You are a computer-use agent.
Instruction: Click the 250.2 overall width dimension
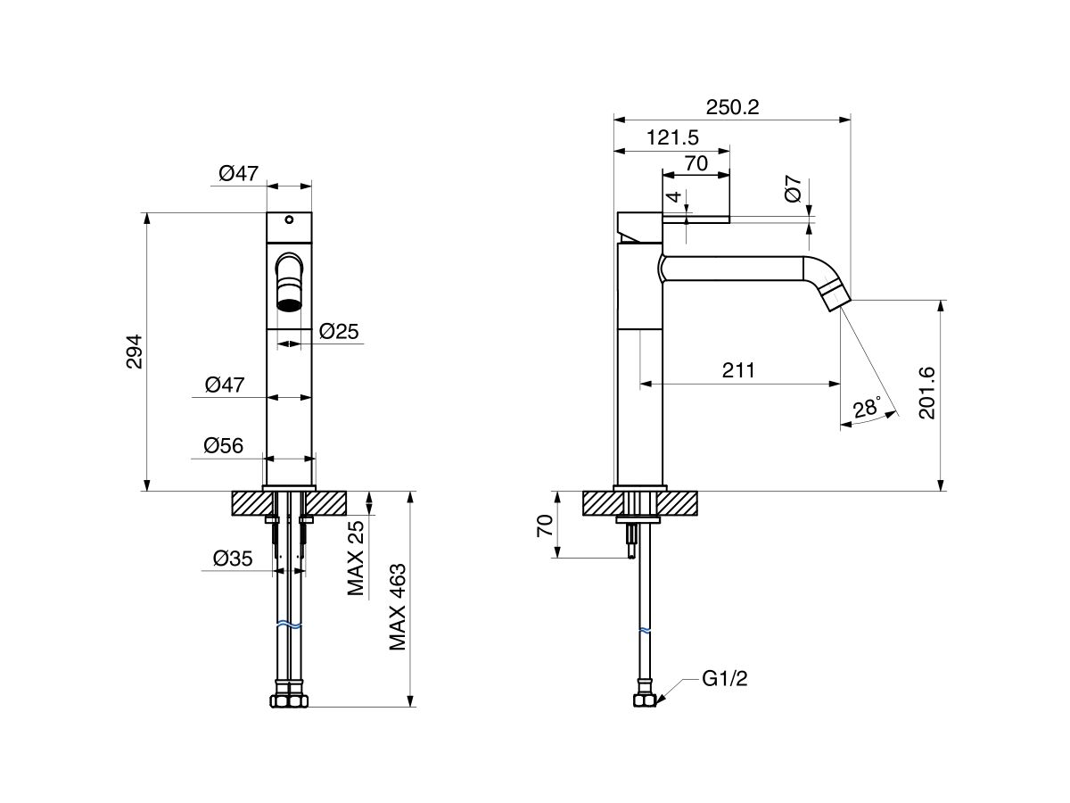click(x=732, y=107)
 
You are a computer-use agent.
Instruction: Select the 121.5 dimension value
click(x=671, y=137)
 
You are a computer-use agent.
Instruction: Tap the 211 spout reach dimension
click(x=739, y=370)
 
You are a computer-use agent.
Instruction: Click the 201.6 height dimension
click(x=927, y=393)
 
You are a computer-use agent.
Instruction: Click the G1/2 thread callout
click(x=724, y=679)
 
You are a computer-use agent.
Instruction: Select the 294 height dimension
click(x=133, y=352)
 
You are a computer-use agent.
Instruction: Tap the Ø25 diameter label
click(x=338, y=332)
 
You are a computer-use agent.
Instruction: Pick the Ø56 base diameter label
click(x=223, y=446)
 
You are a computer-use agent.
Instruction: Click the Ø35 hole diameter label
click(x=233, y=559)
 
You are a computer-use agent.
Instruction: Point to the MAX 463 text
click(x=398, y=607)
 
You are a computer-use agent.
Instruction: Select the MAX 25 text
click(x=357, y=557)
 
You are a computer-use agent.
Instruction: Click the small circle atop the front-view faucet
click(x=289, y=219)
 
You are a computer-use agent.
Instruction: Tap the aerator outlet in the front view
click(x=289, y=304)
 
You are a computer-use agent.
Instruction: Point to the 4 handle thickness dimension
click(x=675, y=196)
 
